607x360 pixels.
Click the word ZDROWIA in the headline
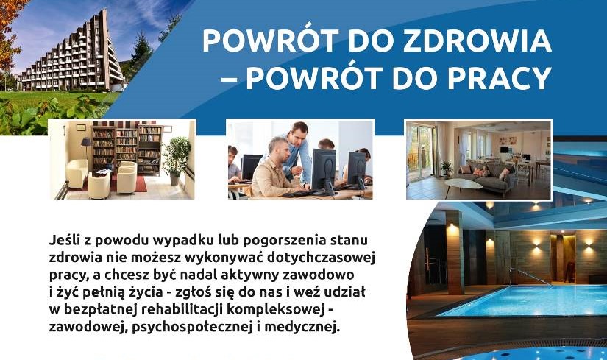(x=477, y=40)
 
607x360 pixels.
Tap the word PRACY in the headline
(x=505, y=78)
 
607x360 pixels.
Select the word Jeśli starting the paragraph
(x=65, y=240)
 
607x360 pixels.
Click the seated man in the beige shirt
(x=273, y=169)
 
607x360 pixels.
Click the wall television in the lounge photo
(x=504, y=149)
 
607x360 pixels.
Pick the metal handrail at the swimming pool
(x=530, y=275)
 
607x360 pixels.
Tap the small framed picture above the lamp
(x=81, y=127)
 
